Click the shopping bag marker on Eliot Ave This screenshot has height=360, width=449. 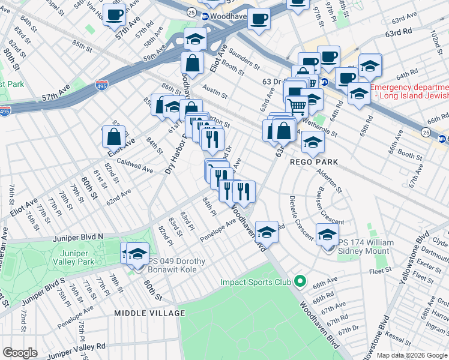pyautogui.click(x=113, y=137)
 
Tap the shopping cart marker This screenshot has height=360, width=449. pyautogui.click(x=297, y=107)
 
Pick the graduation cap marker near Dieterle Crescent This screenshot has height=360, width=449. pyautogui.click(x=327, y=234)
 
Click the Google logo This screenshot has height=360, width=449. pyautogui.click(x=20, y=353)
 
